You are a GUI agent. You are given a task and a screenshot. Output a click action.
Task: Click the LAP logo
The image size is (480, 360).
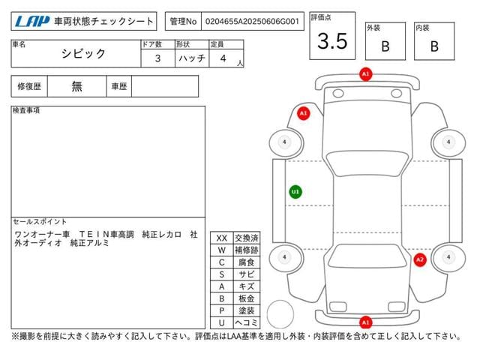point(31,21)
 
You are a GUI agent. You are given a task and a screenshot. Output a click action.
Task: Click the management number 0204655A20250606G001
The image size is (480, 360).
point(252,22)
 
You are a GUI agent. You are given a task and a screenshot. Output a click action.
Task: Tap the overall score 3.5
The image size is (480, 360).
point(332,41)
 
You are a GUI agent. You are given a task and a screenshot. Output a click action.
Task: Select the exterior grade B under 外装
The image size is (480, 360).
point(385,46)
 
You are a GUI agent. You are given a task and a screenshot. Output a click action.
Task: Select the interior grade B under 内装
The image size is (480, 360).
point(434,46)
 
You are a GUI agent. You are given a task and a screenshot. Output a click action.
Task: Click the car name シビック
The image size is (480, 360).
point(83,54)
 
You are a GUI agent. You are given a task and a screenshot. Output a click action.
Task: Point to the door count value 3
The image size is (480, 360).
point(157,58)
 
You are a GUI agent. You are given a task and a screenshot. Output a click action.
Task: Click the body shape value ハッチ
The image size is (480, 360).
point(192,58)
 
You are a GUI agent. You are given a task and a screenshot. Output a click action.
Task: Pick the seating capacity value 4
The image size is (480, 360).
point(223,58)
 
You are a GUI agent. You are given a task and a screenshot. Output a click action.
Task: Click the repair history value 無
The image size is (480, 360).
point(76,86)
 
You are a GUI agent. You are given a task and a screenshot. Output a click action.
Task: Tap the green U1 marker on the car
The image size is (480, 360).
point(295,192)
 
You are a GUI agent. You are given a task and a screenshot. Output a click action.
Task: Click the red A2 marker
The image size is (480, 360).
point(420,260)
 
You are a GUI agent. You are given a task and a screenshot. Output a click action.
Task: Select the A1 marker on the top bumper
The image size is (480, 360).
point(365,74)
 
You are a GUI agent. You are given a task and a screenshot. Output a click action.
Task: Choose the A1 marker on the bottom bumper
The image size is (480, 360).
point(365,322)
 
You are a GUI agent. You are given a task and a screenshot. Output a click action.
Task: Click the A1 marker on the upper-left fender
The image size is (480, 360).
point(303,113)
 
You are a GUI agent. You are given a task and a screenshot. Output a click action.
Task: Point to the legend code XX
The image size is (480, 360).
point(222,238)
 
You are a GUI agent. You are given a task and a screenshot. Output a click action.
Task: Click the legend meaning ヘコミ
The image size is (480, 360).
point(247,322)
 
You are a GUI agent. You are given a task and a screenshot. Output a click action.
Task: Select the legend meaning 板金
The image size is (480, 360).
point(247,298)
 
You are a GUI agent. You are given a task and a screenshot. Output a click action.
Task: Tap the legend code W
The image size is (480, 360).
point(222,250)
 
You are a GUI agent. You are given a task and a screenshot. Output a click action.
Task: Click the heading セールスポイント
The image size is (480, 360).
point(40,222)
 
